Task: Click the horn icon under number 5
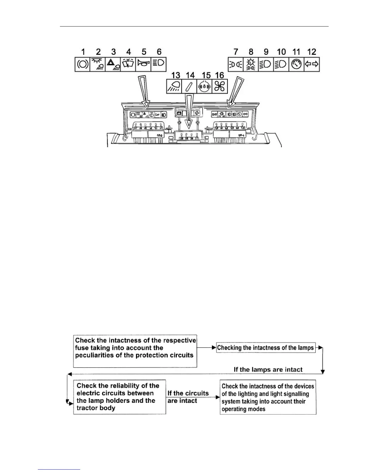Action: pos(143,64)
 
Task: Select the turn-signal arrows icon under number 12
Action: pos(312,64)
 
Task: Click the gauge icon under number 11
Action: pos(296,64)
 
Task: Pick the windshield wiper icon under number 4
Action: pos(128,64)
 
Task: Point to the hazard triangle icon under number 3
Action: pos(113,64)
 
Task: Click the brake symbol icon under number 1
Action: pos(83,64)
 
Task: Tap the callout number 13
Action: pos(176,75)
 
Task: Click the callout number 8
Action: pos(251,52)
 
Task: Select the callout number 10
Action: pos(281,52)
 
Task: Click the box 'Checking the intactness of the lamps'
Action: pos(266,348)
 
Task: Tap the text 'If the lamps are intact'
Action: pos(268,370)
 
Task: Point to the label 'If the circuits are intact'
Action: pos(188,397)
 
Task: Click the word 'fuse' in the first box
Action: pos(82,348)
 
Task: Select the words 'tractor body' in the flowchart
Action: pos(96,408)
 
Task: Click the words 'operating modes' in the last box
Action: pos(243,409)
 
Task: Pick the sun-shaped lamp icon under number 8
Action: pos(251,64)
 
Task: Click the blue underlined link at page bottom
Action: pos(59,469)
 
